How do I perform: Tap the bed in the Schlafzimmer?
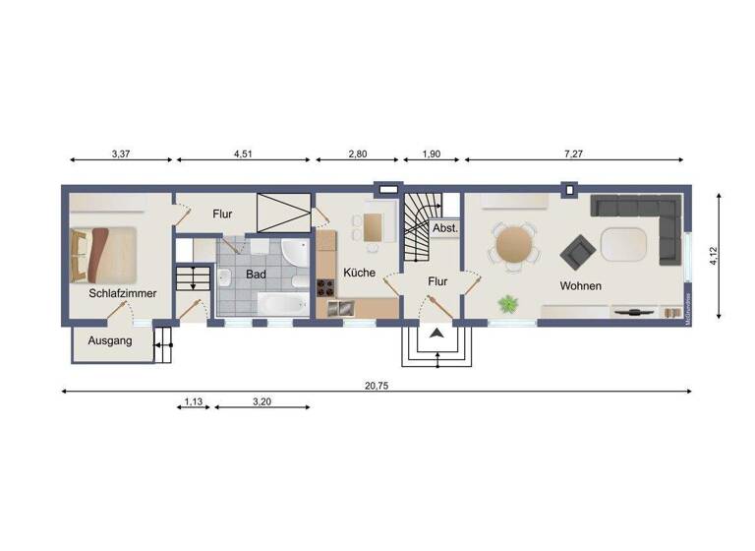[102, 254]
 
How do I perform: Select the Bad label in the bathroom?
[256, 275]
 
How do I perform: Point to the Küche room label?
[359, 273]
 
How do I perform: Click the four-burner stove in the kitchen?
[324, 288]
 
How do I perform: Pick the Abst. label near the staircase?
[444, 227]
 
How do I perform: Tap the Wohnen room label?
[581, 285]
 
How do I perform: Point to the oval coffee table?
[624, 242]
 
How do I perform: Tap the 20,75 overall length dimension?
[377, 386]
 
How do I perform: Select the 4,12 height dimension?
[716, 255]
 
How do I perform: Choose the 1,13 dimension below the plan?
[193, 400]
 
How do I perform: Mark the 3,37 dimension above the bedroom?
[121, 153]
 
